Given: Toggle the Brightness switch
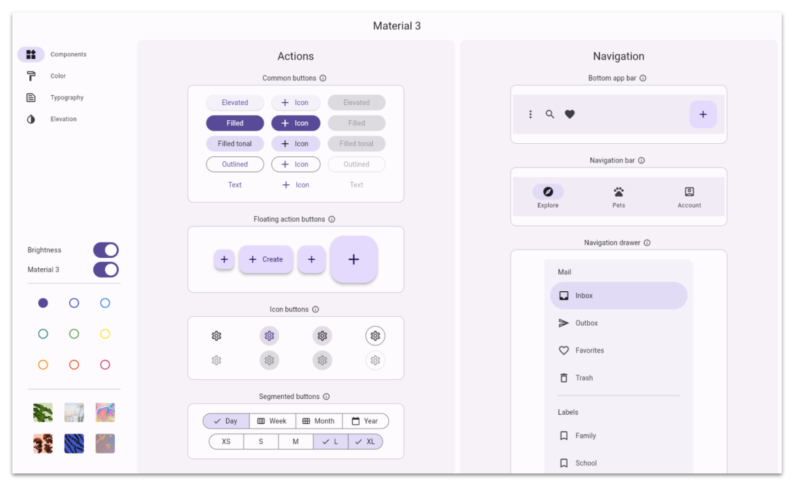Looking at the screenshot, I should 106,250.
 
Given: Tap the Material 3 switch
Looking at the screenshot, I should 106,270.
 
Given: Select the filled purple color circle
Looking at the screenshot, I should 43,303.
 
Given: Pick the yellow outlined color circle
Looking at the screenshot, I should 105,334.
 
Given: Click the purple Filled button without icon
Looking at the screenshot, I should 234,123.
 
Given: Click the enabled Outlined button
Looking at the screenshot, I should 234,165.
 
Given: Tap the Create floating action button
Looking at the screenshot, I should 266,259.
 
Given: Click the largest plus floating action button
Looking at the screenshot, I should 353,259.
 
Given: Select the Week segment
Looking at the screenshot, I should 272,421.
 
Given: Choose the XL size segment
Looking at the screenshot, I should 365,442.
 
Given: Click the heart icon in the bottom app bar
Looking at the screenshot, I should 570,115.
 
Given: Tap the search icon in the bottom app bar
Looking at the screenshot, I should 550,115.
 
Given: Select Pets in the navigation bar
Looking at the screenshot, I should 618,197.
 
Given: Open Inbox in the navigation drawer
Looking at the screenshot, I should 618,296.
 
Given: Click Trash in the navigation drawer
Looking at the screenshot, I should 584,378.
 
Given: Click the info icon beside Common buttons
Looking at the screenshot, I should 323,79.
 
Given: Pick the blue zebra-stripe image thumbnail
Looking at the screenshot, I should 74,443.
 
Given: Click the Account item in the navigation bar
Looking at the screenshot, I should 689,197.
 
